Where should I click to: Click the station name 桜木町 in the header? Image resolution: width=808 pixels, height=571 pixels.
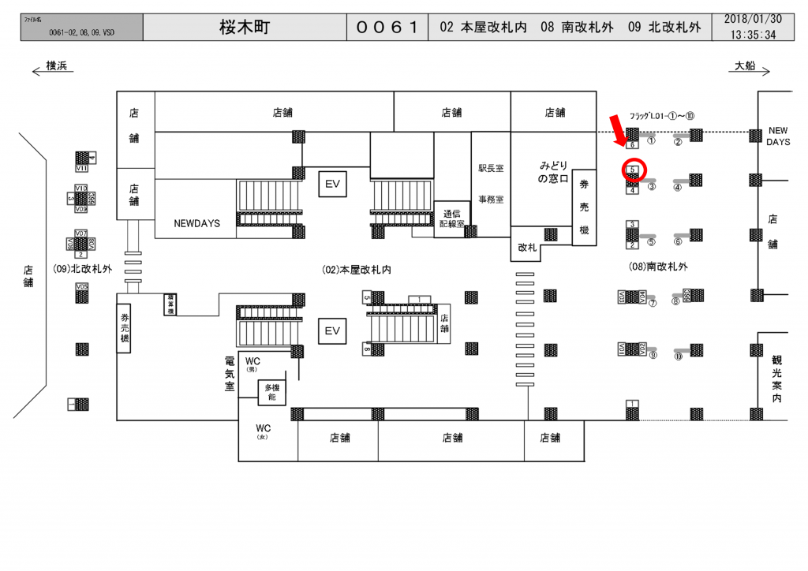pyautogui.click(x=245, y=28)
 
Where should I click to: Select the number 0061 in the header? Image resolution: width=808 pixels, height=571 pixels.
pyautogui.click(x=387, y=28)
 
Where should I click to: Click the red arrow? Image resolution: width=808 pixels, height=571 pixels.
pyautogui.click(x=622, y=128)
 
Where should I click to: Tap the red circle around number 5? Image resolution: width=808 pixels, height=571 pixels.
pyautogui.click(x=634, y=169)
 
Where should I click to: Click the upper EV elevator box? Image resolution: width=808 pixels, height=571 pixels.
pyautogui.click(x=332, y=184)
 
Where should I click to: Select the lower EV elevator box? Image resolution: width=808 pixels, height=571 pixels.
pyautogui.click(x=332, y=331)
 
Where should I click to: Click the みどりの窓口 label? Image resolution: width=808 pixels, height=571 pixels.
pyautogui.click(x=553, y=173)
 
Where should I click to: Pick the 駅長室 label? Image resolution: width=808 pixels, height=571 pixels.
pyautogui.click(x=491, y=168)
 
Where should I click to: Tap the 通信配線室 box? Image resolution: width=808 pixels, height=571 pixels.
pyautogui.click(x=451, y=217)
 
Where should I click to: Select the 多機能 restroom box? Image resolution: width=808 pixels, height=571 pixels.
pyautogui.click(x=272, y=393)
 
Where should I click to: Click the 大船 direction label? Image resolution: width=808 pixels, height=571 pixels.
pyautogui.click(x=745, y=66)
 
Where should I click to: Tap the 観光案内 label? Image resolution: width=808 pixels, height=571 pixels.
pyautogui.click(x=776, y=379)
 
